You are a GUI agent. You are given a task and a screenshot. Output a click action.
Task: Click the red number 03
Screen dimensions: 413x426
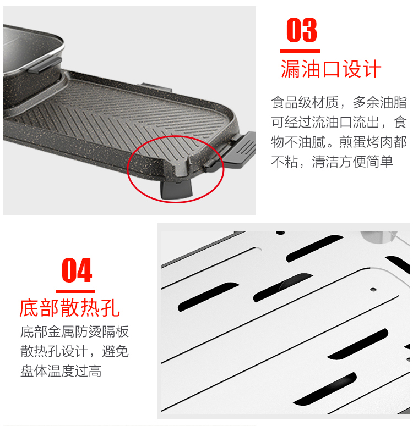302,30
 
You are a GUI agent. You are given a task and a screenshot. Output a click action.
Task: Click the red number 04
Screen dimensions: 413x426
77,270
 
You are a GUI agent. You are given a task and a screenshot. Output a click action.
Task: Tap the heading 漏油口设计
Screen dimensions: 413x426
331,69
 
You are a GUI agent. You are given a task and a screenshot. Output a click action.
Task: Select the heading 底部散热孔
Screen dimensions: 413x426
70,308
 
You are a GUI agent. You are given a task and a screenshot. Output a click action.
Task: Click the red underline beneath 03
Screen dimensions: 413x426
300,51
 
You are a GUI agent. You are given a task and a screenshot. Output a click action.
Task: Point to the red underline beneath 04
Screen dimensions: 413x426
75,291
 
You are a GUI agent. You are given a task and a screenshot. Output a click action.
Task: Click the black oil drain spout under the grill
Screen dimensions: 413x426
176,190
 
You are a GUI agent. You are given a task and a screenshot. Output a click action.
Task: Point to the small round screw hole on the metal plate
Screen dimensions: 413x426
373,290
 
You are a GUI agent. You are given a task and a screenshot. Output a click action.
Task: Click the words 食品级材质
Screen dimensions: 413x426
305,102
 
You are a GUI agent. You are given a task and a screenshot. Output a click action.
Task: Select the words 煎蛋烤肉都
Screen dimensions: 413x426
373,142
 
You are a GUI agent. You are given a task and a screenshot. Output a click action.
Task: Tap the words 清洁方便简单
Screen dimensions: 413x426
352,162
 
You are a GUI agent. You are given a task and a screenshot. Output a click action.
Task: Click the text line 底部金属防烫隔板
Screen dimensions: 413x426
74,331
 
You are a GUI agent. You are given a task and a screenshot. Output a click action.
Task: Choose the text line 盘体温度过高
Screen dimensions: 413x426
61,371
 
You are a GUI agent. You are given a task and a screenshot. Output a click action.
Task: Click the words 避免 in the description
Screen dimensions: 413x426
115,351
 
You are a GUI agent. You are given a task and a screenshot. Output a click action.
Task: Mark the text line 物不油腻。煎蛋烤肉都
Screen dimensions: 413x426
339,142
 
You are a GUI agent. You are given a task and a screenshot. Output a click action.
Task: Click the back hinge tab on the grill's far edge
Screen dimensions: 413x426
155,87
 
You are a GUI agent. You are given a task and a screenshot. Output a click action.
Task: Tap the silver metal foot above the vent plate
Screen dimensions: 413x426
378,236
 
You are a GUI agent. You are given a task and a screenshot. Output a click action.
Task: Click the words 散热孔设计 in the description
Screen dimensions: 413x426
54,351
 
